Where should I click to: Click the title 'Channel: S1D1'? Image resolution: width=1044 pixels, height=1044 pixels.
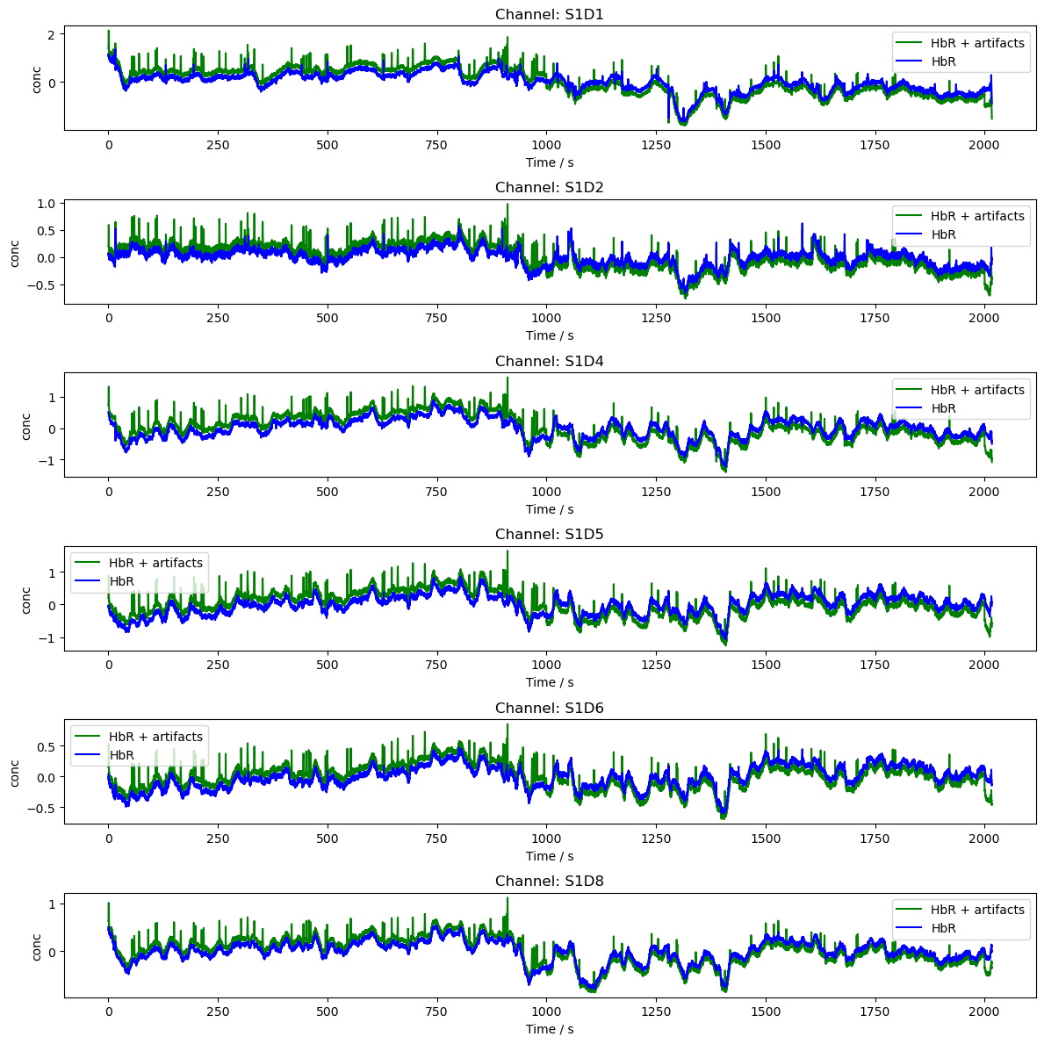pyautogui.click(x=549, y=14)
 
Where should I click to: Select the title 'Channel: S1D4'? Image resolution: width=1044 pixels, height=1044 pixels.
pyautogui.click(x=549, y=361)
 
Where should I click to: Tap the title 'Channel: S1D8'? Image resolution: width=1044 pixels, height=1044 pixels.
pyautogui.click(x=549, y=881)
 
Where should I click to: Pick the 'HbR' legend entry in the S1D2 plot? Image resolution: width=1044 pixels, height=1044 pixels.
pyautogui.click(x=943, y=234)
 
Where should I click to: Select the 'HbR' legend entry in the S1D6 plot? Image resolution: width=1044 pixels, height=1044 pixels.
pyautogui.click(x=121, y=755)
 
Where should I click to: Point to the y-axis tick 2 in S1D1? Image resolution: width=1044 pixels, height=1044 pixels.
pyautogui.click(x=52, y=34)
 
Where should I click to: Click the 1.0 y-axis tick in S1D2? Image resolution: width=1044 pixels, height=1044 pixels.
pyautogui.click(x=45, y=204)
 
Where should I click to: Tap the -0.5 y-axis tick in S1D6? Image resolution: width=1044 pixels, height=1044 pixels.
pyautogui.click(x=41, y=808)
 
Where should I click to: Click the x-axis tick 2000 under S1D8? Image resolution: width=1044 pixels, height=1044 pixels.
pyautogui.click(x=984, y=1012)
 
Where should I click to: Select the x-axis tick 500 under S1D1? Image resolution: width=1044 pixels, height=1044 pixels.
pyautogui.click(x=328, y=146)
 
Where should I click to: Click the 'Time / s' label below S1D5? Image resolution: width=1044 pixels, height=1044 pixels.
pyautogui.click(x=549, y=682)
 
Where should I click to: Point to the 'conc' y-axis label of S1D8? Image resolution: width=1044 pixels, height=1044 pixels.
pyautogui.click(x=36, y=946)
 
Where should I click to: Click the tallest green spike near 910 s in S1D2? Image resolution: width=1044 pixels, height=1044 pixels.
pyautogui.click(x=507, y=205)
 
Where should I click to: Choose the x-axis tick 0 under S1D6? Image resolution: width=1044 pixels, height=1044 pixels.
pyautogui.click(x=109, y=839)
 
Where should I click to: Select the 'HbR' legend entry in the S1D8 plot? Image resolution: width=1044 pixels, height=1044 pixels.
pyautogui.click(x=943, y=928)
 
